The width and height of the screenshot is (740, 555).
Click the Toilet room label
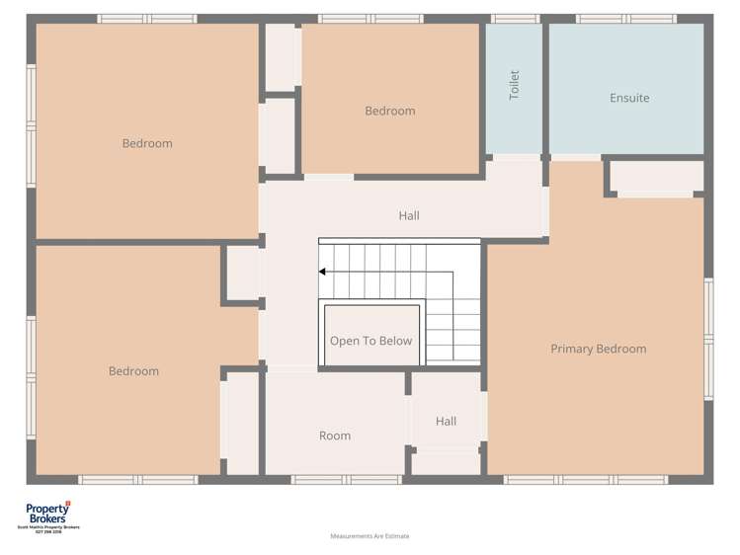[x=514, y=84]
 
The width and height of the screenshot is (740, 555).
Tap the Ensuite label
[x=629, y=98]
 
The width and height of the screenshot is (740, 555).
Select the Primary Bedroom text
[x=598, y=349]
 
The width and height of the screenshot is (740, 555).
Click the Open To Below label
[x=370, y=341]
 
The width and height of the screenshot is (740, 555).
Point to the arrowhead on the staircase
[x=323, y=271]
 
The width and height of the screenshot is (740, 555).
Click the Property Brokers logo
[x=47, y=515]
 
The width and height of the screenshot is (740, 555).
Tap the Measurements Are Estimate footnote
[x=370, y=536]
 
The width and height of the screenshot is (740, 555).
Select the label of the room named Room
[x=335, y=436]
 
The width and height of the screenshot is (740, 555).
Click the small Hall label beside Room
[x=446, y=422]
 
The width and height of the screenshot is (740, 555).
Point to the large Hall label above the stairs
[x=409, y=215]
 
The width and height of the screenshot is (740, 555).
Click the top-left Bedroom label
[x=147, y=143]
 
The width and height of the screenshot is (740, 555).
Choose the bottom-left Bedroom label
[x=133, y=371]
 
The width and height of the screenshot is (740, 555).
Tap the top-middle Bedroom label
[x=390, y=111]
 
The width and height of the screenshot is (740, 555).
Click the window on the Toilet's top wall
[x=515, y=18]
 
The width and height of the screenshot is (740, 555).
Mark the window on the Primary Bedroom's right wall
[x=707, y=339]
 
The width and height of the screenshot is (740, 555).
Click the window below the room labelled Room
[x=333, y=480]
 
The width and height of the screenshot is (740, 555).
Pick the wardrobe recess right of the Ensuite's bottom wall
[x=656, y=177]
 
